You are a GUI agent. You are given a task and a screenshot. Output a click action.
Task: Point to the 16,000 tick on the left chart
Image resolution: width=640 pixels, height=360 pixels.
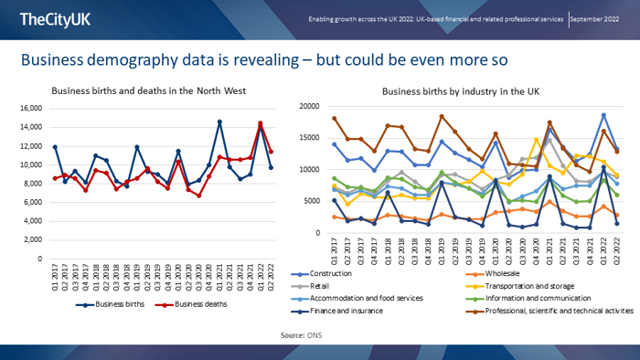[29, 108]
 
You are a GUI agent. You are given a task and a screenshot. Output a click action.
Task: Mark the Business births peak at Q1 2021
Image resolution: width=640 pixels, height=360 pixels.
[219, 122]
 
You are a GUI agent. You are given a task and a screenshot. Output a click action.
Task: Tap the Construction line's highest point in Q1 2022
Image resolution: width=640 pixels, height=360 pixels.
[603, 115]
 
